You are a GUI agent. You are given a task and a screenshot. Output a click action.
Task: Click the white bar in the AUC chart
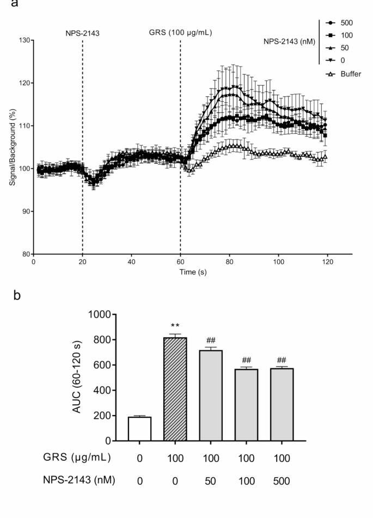coord(140,429)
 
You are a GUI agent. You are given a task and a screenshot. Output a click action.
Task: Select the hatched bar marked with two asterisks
coord(175,389)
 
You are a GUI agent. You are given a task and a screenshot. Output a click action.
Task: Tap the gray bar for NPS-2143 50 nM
coord(211,395)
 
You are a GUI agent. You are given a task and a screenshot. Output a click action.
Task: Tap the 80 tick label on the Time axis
coord(229,261)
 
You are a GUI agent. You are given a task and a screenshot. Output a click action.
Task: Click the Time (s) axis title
coord(193,271)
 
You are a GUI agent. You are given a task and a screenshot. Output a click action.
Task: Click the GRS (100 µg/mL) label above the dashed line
coord(180,33)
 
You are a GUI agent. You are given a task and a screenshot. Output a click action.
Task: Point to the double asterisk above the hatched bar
coord(175,327)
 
